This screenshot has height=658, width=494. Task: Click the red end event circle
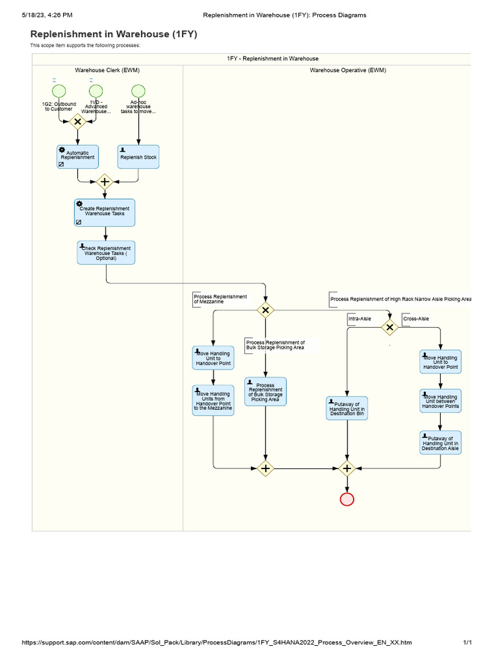point(347,499)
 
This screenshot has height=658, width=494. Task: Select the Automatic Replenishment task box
point(77,157)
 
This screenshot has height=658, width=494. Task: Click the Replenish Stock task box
point(138,157)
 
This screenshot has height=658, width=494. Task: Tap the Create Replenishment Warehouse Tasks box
point(104,212)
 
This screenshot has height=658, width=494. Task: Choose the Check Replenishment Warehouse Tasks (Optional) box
point(106,253)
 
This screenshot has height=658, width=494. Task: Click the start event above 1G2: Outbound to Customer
point(59,92)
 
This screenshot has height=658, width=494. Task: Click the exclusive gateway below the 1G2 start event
point(78,121)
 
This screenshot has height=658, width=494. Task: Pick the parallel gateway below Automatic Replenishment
point(104,182)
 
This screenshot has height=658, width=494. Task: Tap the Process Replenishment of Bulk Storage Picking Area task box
point(266,391)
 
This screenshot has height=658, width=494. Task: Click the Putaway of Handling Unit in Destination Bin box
point(347,409)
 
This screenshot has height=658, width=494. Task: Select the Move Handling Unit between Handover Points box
point(441,402)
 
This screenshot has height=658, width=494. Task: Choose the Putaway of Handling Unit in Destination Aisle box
point(441,443)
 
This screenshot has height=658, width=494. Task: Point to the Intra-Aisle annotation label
point(360,319)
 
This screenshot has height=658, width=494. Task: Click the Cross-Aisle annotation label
point(416,319)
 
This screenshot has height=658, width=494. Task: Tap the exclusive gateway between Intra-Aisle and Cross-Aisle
point(389,327)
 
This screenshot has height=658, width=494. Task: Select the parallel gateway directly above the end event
point(347,468)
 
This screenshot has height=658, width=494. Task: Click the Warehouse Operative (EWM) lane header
point(347,70)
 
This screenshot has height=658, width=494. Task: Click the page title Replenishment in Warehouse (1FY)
point(114,34)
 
